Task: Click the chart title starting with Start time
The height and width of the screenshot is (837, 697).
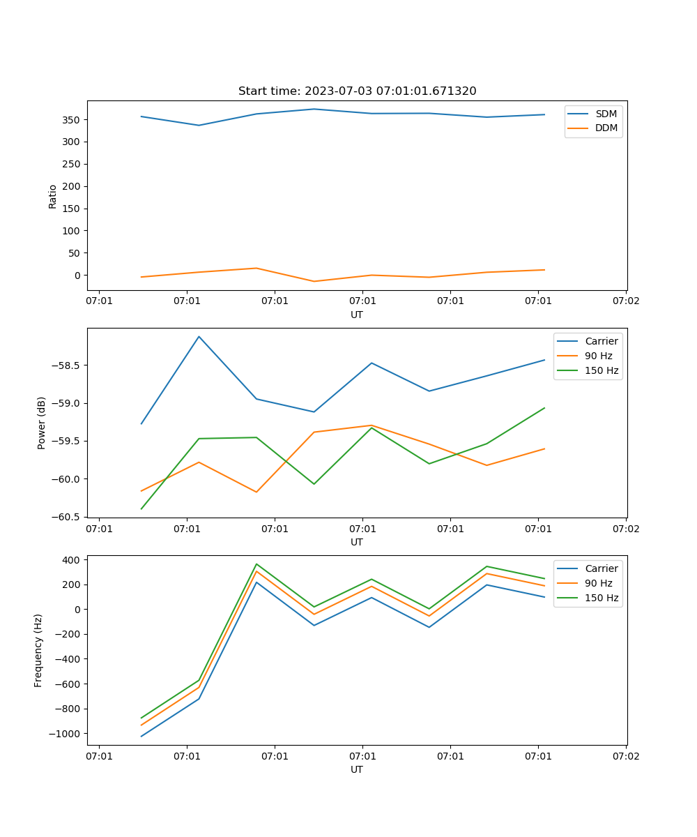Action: [357, 91]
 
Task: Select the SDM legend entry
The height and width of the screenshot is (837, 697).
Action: [606, 113]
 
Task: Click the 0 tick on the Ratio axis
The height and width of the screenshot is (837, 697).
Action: [77, 276]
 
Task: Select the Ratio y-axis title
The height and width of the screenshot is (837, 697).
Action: [53, 196]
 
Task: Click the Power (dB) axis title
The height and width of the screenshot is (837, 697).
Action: [42, 423]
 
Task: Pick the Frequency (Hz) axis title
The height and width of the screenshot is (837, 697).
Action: [38, 650]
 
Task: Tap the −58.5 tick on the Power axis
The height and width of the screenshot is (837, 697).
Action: [66, 365]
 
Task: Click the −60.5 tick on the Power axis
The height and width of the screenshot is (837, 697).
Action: [66, 517]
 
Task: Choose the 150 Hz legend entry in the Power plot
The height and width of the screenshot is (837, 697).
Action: [602, 370]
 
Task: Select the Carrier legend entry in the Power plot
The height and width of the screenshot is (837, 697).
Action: [602, 341]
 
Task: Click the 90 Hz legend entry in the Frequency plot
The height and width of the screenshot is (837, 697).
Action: [599, 583]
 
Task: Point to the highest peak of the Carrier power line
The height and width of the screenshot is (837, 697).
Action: [199, 336]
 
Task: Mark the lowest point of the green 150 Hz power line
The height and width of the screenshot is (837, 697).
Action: [141, 508]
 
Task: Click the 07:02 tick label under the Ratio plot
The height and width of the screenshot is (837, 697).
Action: [625, 301]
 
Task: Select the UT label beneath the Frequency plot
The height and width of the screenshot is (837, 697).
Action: [356, 769]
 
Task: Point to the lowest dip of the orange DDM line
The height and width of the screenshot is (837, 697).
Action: [314, 281]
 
